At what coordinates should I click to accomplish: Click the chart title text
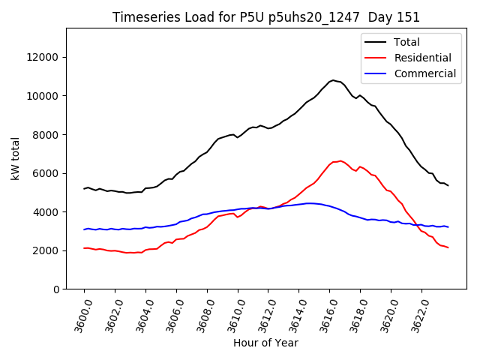coord(266,17)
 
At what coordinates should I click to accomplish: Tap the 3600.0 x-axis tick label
coord(78,313)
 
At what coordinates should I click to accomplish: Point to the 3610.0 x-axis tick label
coord(232,313)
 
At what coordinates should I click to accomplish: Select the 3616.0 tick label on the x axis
coord(323,313)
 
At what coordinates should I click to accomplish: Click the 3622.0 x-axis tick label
coord(415,313)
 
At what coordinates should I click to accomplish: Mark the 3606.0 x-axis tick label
coord(170,313)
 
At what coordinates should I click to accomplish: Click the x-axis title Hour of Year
coord(265,343)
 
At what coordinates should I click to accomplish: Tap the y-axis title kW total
coord(15,158)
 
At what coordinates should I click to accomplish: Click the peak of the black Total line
coord(332,79)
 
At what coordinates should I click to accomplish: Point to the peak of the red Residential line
coord(340,160)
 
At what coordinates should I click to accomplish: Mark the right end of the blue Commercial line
coord(448,226)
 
